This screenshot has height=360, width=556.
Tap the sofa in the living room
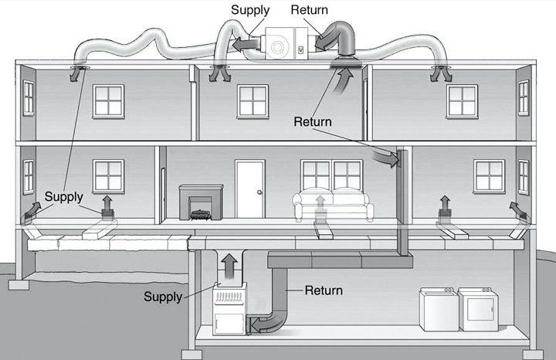point(333,205)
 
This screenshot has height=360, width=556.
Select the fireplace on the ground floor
point(201,202)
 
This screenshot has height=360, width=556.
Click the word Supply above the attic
point(250,11)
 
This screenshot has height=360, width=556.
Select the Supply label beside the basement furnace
point(162,297)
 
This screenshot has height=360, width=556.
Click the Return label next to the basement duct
point(324,290)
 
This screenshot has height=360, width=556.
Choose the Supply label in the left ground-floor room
point(63,196)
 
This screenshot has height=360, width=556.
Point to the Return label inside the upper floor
point(312,122)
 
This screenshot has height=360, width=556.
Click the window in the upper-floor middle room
point(253,101)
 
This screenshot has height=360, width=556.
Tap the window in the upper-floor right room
point(462,101)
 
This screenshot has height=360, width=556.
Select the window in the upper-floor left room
point(108,100)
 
